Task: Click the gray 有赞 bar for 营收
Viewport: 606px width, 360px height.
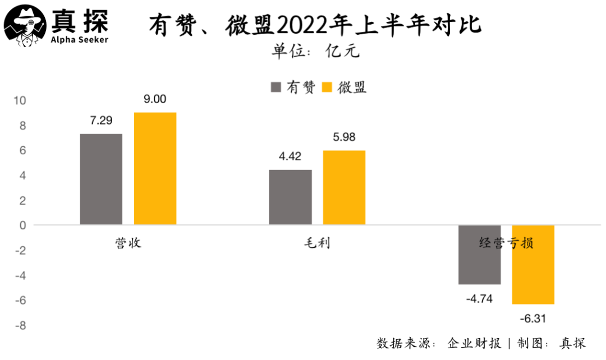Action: [101, 179]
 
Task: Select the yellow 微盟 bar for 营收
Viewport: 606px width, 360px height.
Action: [155, 168]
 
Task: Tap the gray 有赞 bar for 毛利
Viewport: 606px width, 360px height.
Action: [290, 197]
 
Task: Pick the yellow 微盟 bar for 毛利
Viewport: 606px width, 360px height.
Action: [344, 188]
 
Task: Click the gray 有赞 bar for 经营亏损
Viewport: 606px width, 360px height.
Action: [479, 255]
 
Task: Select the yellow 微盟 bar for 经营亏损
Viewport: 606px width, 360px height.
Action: [533, 265]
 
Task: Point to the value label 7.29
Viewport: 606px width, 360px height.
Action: [101, 120]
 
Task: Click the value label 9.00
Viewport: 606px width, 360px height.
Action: [155, 99]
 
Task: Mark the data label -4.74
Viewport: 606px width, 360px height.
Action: [479, 299]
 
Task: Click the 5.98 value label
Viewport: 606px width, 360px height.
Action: [344, 137]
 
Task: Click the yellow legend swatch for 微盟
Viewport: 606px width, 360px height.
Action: [328, 87]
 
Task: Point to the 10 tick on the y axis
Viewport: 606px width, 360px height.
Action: [20, 101]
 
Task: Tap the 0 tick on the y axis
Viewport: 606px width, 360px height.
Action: [23, 225]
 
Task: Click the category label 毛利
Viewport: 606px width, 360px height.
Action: [317, 243]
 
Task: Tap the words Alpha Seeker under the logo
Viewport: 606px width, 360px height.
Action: [79, 39]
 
